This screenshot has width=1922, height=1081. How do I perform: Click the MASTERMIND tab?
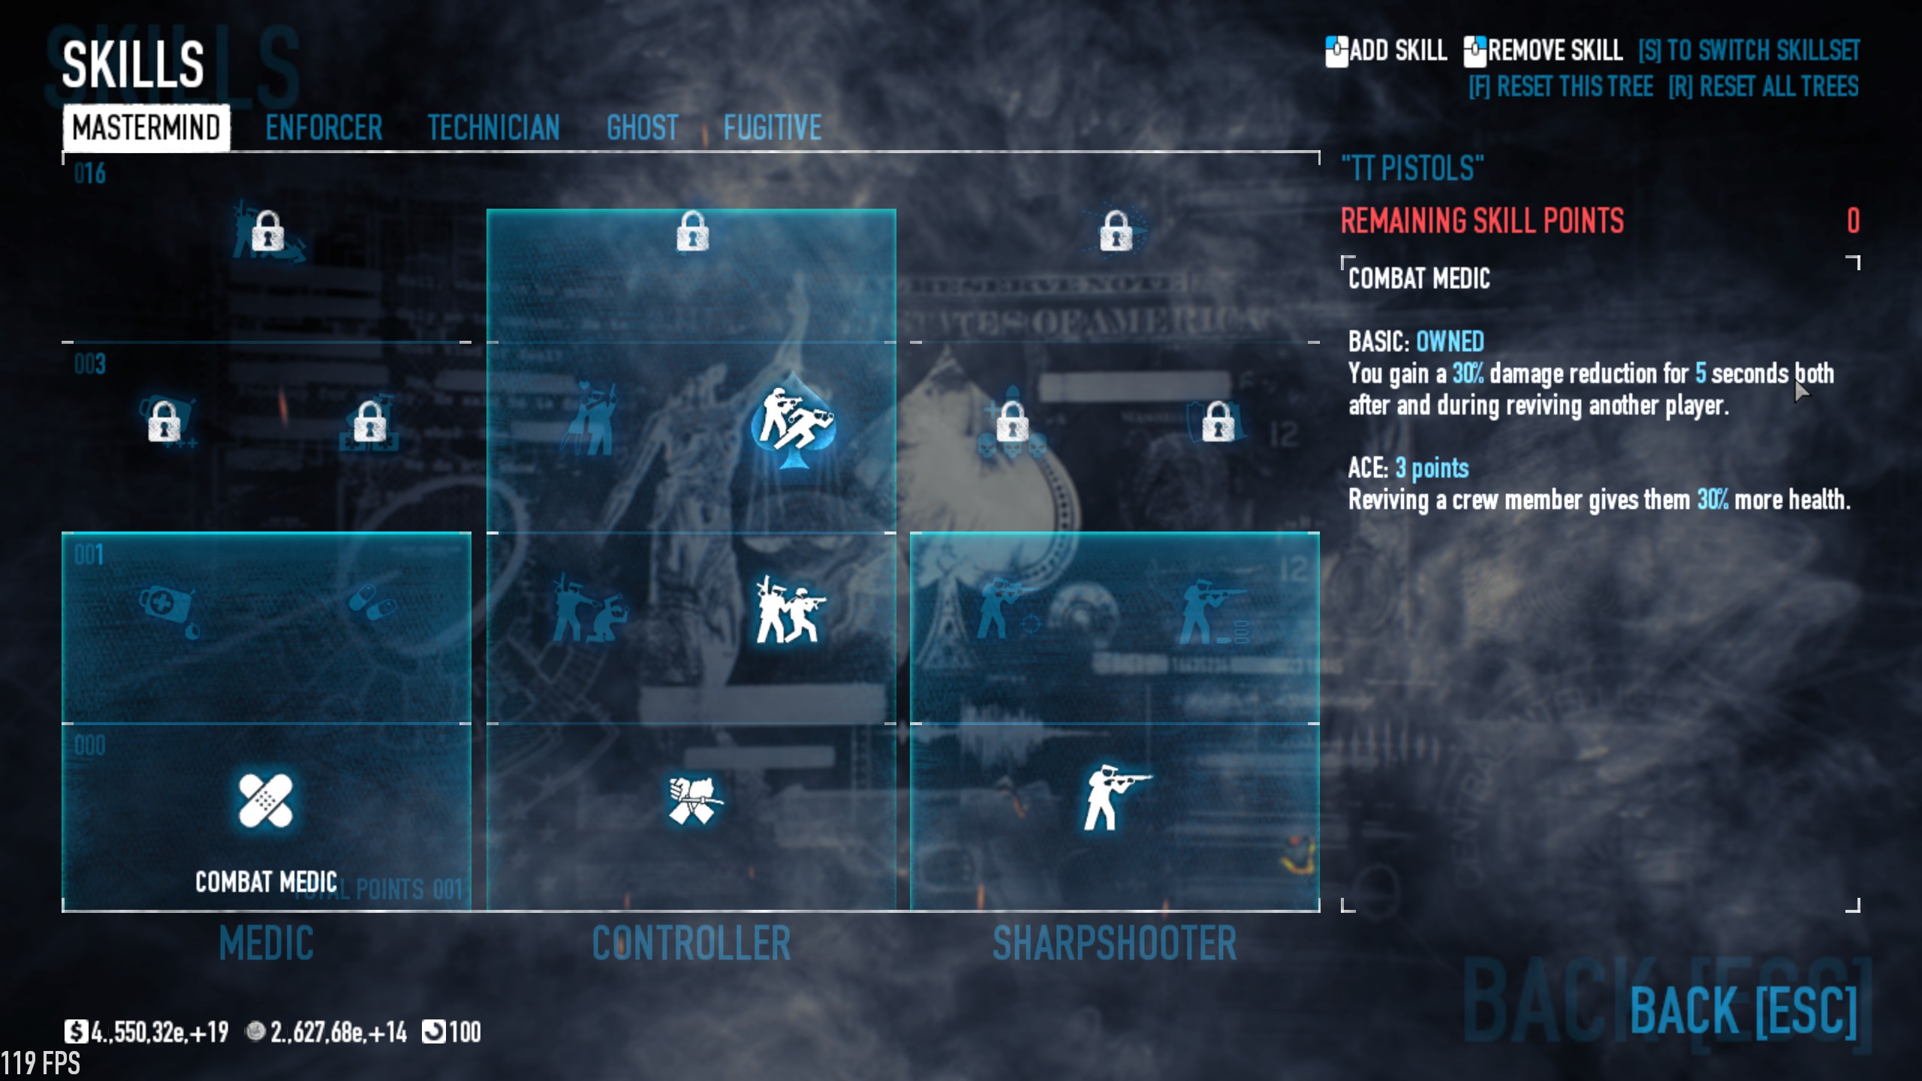click(146, 128)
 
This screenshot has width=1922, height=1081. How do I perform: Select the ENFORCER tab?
click(324, 128)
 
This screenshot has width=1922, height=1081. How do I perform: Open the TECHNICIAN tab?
click(493, 128)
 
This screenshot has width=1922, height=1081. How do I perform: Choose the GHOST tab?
click(642, 128)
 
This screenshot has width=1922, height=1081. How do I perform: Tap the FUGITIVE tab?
click(772, 128)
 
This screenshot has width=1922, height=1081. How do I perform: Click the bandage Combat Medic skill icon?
click(265, 800)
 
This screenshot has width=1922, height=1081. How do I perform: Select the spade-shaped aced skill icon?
click(793, 423)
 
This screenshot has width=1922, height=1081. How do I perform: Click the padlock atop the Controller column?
click(692, 230)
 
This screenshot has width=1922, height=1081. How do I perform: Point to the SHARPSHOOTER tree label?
click(1114, 943)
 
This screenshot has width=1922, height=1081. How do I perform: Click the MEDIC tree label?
click(266, 943)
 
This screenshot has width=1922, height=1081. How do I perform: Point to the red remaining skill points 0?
click(1853, 221)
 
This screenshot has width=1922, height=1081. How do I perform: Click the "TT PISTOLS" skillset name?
click(1412, 168)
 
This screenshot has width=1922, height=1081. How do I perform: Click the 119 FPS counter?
click(41, 1063)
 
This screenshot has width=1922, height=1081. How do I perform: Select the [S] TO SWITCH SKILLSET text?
click(1749, 51)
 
